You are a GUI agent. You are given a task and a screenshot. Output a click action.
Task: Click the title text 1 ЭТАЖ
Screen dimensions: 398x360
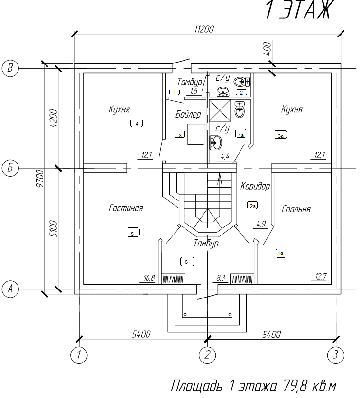point(297,10)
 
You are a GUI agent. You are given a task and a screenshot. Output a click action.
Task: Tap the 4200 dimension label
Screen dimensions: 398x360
point(53,118)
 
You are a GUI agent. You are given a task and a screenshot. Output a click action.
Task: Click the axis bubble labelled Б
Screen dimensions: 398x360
point(10,168)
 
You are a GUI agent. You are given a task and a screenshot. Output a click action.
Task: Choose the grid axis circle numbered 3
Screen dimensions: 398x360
point(336,354)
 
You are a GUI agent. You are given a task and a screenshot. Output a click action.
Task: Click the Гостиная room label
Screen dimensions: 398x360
point(126,208)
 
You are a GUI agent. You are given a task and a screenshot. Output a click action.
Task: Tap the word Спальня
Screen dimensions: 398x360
point(296,209)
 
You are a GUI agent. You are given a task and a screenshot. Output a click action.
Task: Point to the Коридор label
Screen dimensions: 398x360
point(255,186)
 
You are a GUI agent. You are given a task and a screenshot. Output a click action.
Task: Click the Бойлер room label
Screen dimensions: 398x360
point(188,114)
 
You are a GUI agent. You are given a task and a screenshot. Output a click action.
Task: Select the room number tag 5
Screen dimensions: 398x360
point(133,233)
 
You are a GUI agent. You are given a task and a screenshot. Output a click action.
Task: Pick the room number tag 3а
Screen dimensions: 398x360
point(281,136)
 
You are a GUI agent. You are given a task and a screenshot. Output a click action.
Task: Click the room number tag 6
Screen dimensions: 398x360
point(187,261)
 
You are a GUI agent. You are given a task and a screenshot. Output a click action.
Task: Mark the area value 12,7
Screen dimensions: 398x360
point(321,277)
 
